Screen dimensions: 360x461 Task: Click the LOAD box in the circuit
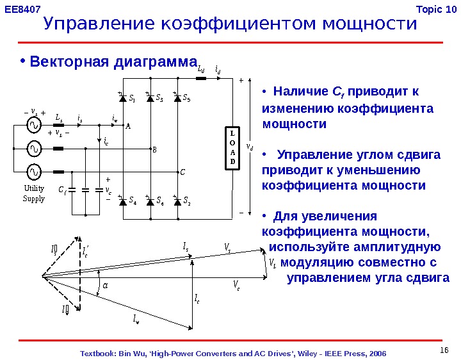coord(232,149)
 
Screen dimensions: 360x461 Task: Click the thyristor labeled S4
coord(124,201)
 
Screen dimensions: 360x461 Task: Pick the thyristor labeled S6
coord(150,201)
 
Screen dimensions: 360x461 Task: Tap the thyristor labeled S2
coord(177,201)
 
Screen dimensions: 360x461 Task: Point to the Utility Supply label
coord(34,194)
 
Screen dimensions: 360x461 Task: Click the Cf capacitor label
coord(62,190)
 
